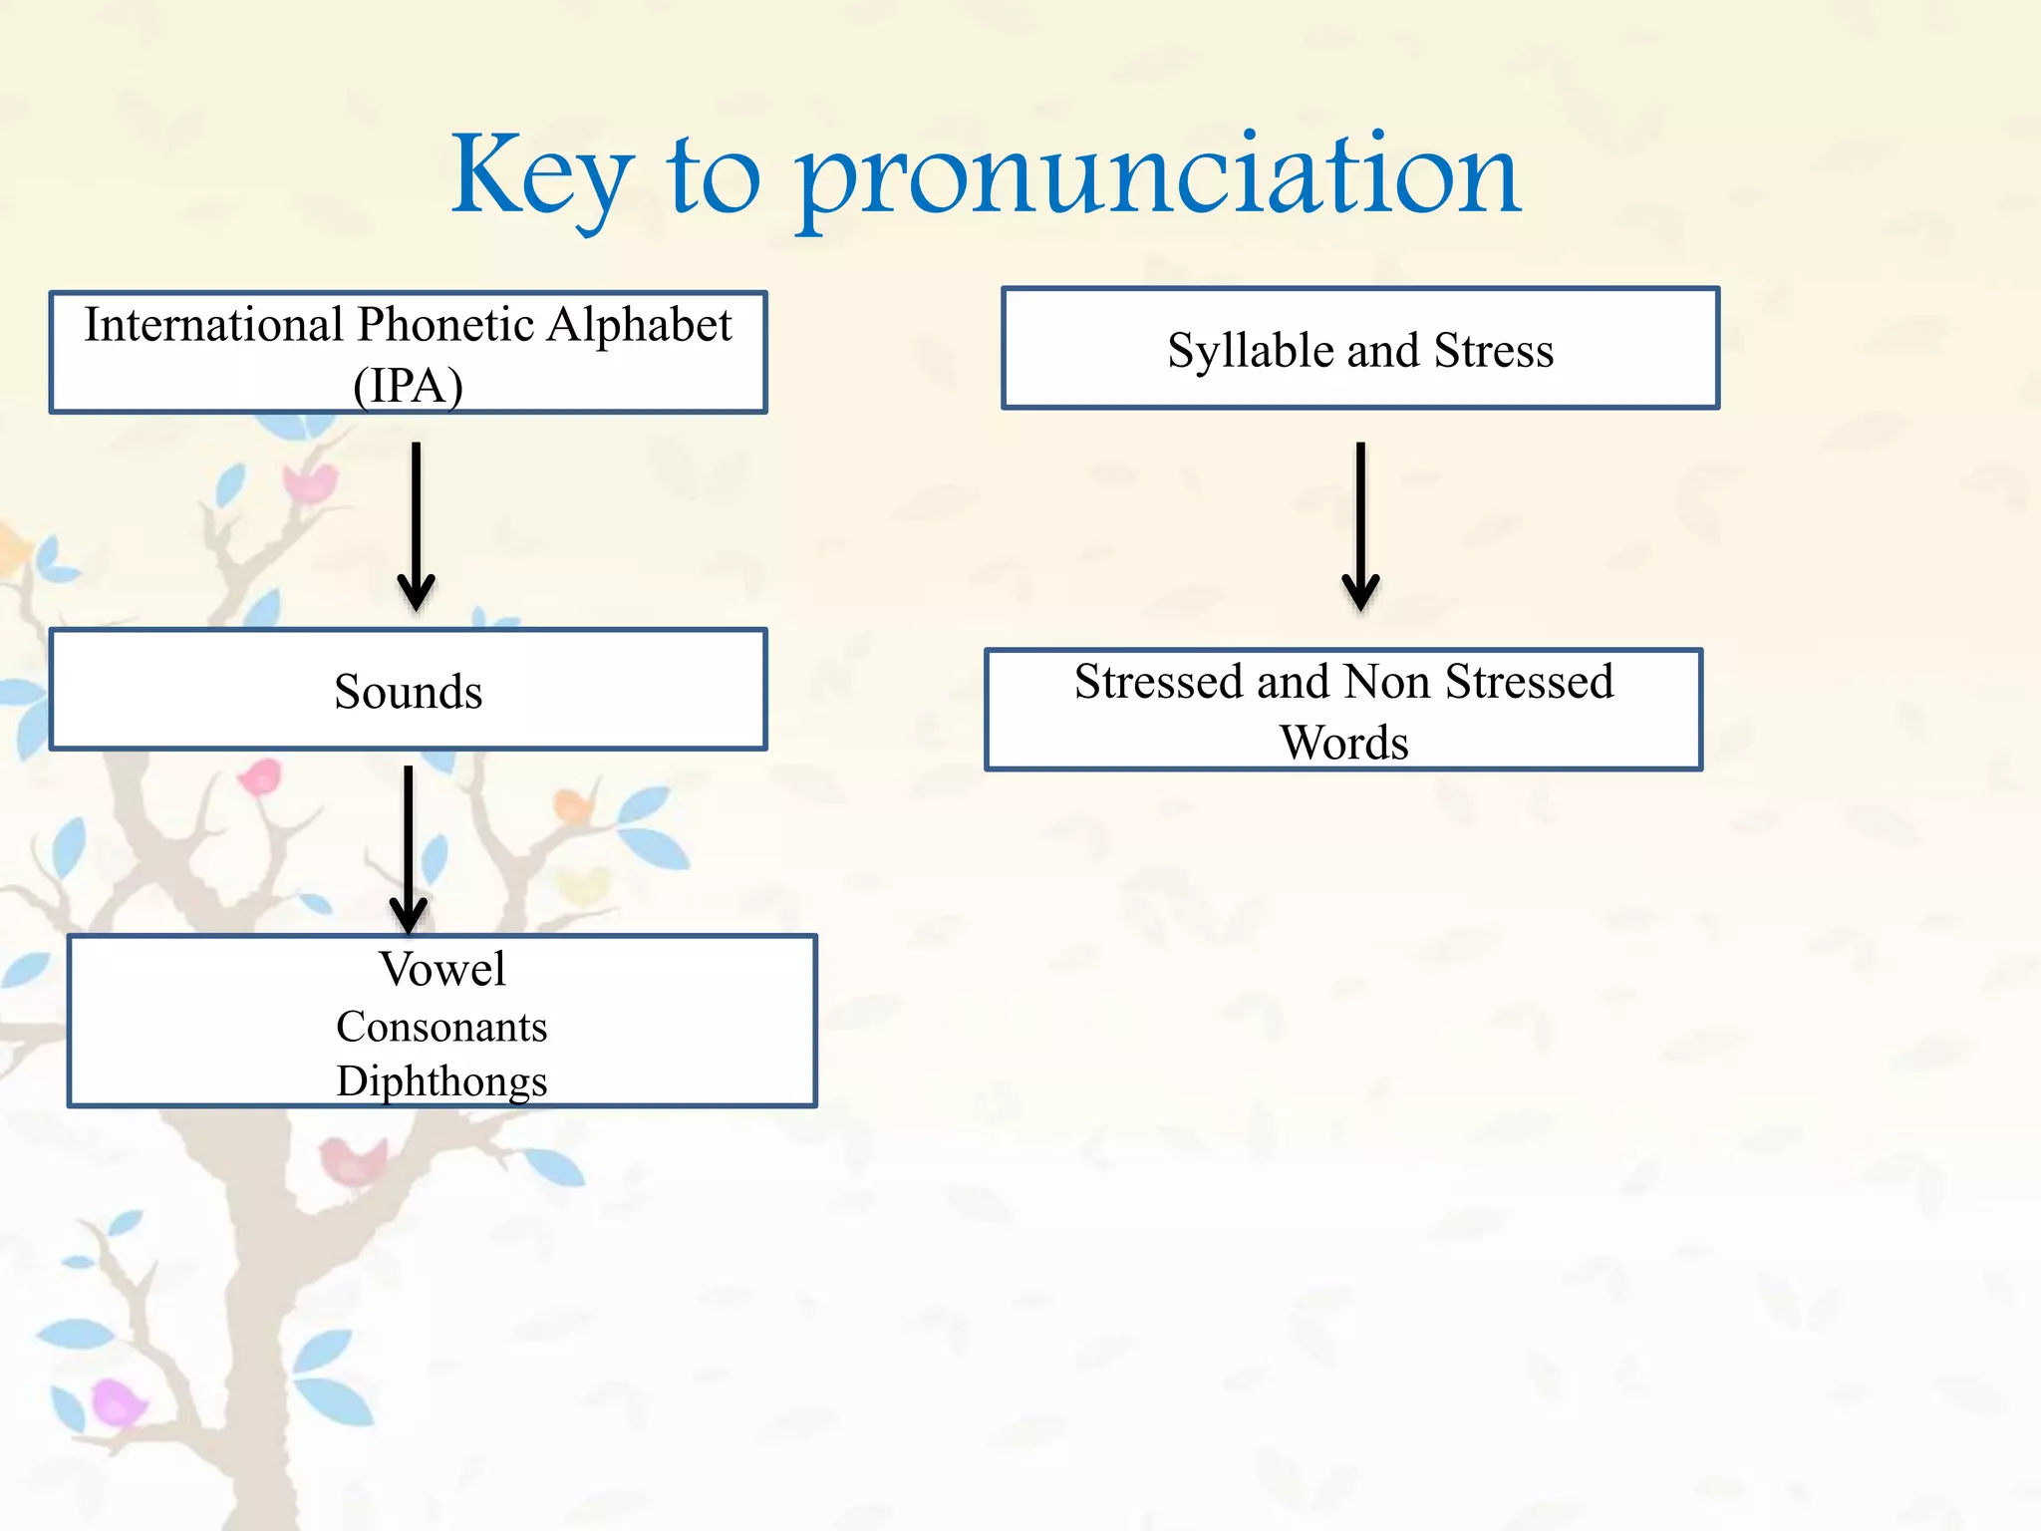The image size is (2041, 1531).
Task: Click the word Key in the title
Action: click(x=541, y=177)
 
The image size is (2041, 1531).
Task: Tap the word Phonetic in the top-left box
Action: click(x=445, y=325)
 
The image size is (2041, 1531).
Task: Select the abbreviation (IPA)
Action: click(x=408, y=386)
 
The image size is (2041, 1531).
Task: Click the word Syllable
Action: click(x=1251, y=351)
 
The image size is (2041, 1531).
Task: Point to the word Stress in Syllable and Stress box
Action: click(x=1493, y=351)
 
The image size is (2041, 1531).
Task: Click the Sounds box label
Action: click(x=408, y=692)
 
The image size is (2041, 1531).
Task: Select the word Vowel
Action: click(x=441, y=969)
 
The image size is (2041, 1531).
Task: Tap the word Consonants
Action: click(x=441, y=1027)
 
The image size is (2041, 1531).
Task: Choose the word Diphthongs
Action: click(x=441, y=1081)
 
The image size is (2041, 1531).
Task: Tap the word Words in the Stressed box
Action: click(x=1343, y=744)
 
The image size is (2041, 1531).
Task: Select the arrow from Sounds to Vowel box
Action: click(x=408, y=847)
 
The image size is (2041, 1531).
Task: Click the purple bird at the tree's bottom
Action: click(x=116, y=1401)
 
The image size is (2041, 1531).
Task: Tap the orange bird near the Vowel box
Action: click(x=572, y=804)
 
